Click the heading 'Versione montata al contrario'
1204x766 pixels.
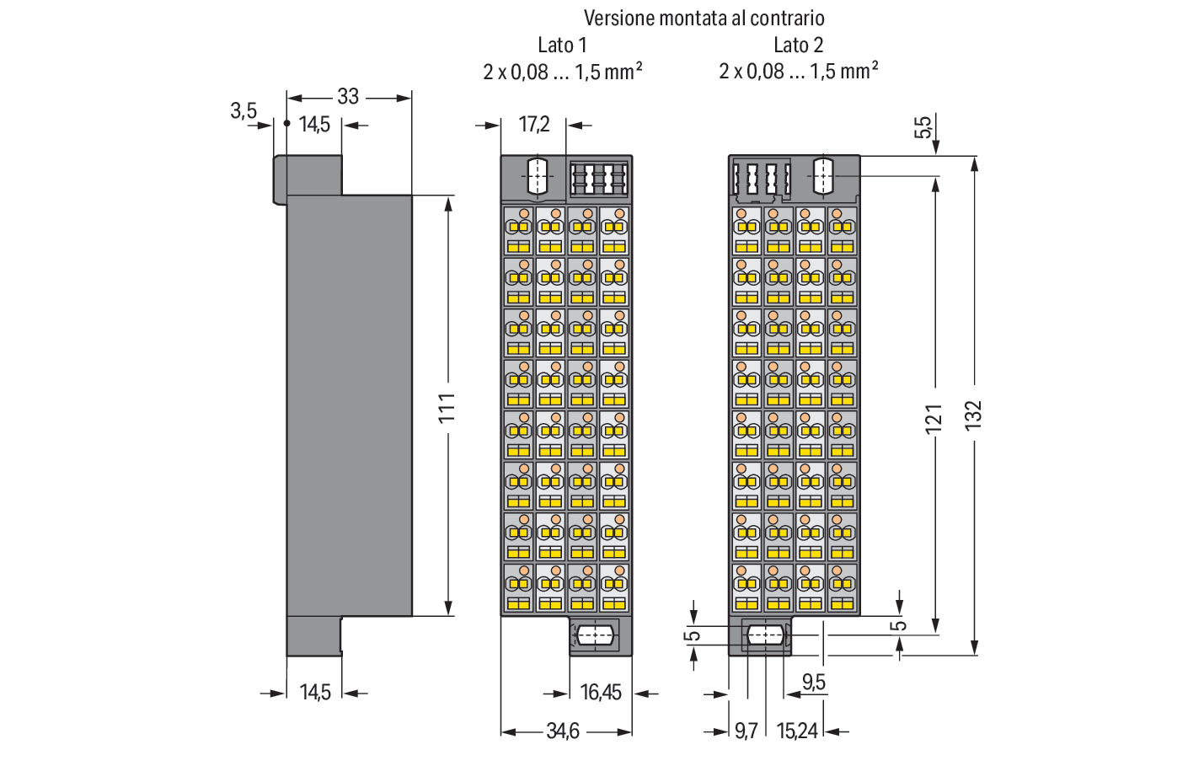[704, 19]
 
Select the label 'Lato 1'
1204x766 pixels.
[562, 46]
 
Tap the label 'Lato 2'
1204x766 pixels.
[798, 46]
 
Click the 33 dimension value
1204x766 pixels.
[348, 97]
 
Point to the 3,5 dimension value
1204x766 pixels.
[243, 111]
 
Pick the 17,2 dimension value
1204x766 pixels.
[533, 124]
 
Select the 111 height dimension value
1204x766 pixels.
[447, 408]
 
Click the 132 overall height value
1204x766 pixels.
[973, 415]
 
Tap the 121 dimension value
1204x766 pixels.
[934, 418]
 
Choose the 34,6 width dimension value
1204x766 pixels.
[563, 731]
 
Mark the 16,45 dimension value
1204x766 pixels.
[601, 693]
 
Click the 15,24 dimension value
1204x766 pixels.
[797, 731]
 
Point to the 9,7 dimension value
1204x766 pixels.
[746, 731]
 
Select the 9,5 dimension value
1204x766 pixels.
[814, 682]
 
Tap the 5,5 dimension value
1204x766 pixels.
[923, 127]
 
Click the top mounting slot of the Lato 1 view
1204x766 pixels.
[538, 176]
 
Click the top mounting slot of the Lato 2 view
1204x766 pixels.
[823, 176]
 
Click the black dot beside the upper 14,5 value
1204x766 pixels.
[287, 124]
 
